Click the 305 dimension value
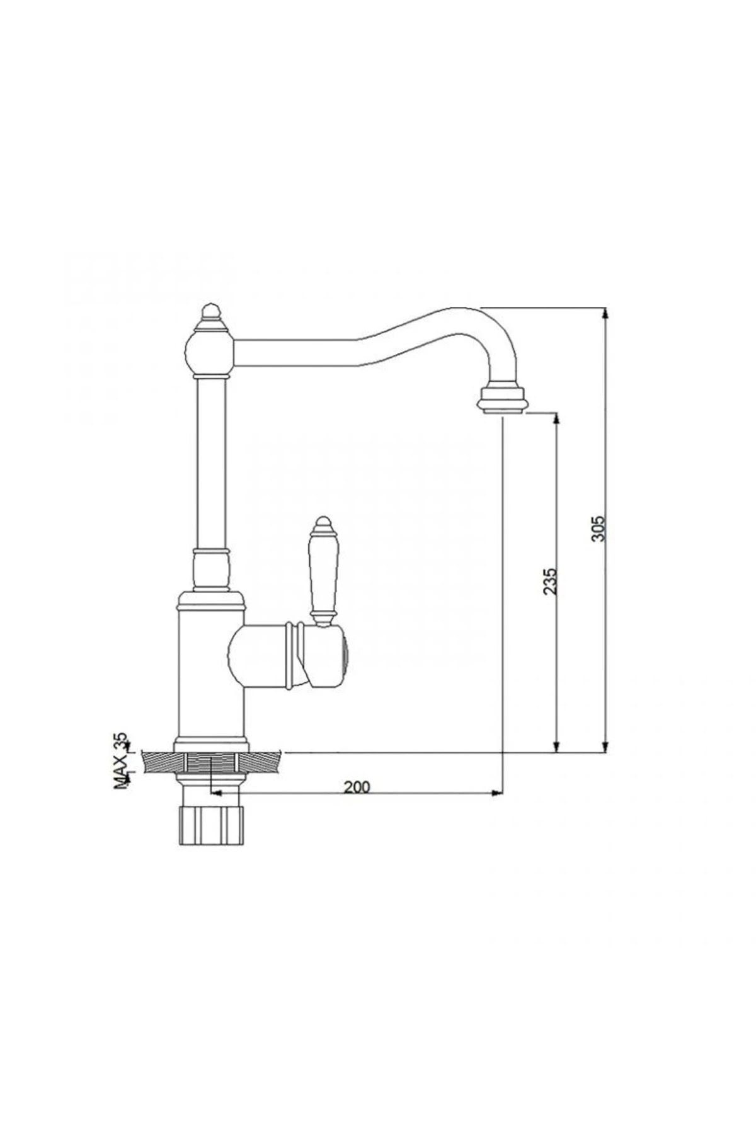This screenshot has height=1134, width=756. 598,529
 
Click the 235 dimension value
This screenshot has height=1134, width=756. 549,581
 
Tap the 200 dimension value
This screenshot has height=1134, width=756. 357,786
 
